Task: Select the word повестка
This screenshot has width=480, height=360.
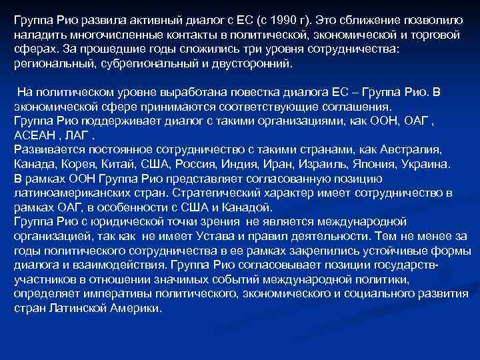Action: [x=239, y=91]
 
